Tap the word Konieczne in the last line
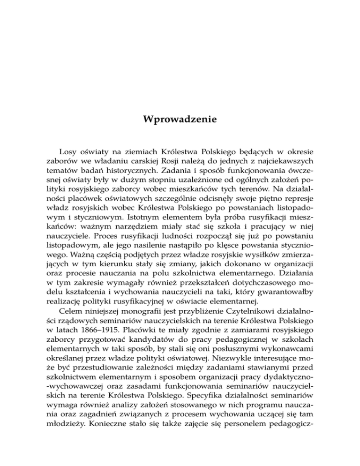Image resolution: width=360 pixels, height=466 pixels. (x=107, y=456)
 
